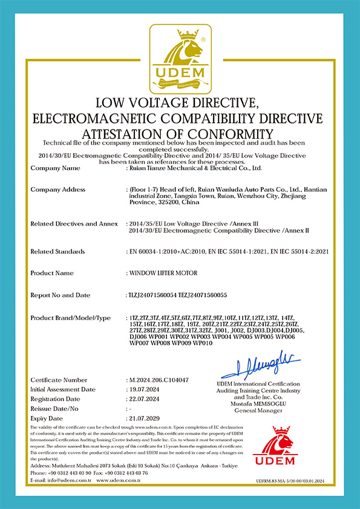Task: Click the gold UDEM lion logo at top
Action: click(180, 57)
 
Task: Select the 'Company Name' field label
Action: click(54, 168)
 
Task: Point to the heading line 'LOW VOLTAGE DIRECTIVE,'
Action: click(180, 102)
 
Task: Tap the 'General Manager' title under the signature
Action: click(258, 410)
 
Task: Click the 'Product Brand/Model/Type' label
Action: click(70, 318)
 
